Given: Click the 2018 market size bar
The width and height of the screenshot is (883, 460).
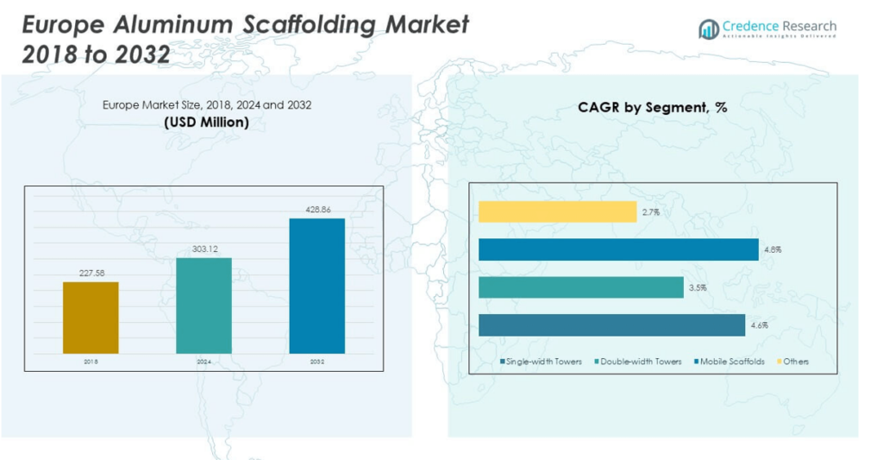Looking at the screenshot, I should pos(91,317).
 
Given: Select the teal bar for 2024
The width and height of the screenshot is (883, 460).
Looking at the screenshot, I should pos(204,305).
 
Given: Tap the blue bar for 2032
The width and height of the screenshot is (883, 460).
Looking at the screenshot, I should pos(316,286).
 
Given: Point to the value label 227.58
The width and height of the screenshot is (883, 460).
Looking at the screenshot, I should pos(91,274).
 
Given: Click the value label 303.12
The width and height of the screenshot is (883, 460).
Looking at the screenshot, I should pos(204,249).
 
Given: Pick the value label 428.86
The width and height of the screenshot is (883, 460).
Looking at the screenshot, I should pos(316,210).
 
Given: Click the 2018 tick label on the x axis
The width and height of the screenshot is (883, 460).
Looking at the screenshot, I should pos(91,362).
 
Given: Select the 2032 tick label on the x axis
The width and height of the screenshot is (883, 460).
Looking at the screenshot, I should pos(316,362).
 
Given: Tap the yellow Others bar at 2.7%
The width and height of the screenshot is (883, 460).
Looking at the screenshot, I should pos(557,211).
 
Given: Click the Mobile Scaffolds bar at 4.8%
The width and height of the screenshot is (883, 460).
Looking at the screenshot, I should pos(618,249).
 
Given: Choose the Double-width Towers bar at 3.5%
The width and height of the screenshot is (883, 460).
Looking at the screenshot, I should pos(580,287).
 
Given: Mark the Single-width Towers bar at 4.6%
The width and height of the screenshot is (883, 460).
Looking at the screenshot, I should pos(611,325).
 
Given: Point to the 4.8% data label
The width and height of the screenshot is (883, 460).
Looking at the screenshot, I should pos(772,249).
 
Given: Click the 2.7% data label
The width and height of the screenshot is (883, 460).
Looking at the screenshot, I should pos(650,211).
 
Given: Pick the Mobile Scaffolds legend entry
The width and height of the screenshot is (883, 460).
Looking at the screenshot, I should pos(732,362).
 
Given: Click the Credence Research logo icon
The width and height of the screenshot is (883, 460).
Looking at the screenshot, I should pos(709,29).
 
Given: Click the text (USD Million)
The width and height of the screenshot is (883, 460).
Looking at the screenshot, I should pos(206,123).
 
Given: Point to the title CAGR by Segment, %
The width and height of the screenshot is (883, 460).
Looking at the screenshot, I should pos(653,108).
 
